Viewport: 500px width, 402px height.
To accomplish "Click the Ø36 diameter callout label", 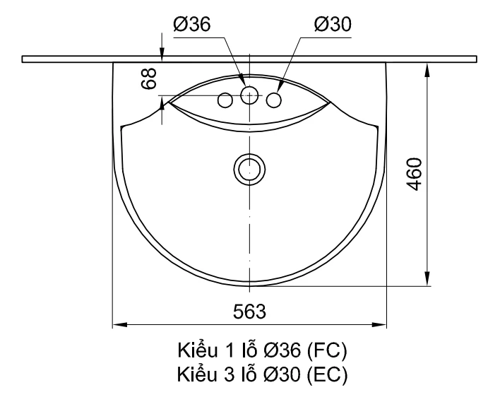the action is click(192, 24).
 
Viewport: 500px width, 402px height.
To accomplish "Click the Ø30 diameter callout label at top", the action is click(333, 24).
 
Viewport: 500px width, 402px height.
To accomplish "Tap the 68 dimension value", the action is click(149, 78).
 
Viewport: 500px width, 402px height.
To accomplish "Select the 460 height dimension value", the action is click(415, 174).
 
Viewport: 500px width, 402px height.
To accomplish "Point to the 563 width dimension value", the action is click(249, 312).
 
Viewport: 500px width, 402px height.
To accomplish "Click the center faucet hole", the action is click(249, 95).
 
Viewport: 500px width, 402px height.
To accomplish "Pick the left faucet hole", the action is click(225, 100).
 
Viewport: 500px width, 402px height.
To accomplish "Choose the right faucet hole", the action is click(273, 100).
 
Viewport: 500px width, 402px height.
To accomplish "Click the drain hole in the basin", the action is click(249, 169).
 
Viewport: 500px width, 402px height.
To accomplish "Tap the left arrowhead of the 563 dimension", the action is click(120, 325).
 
